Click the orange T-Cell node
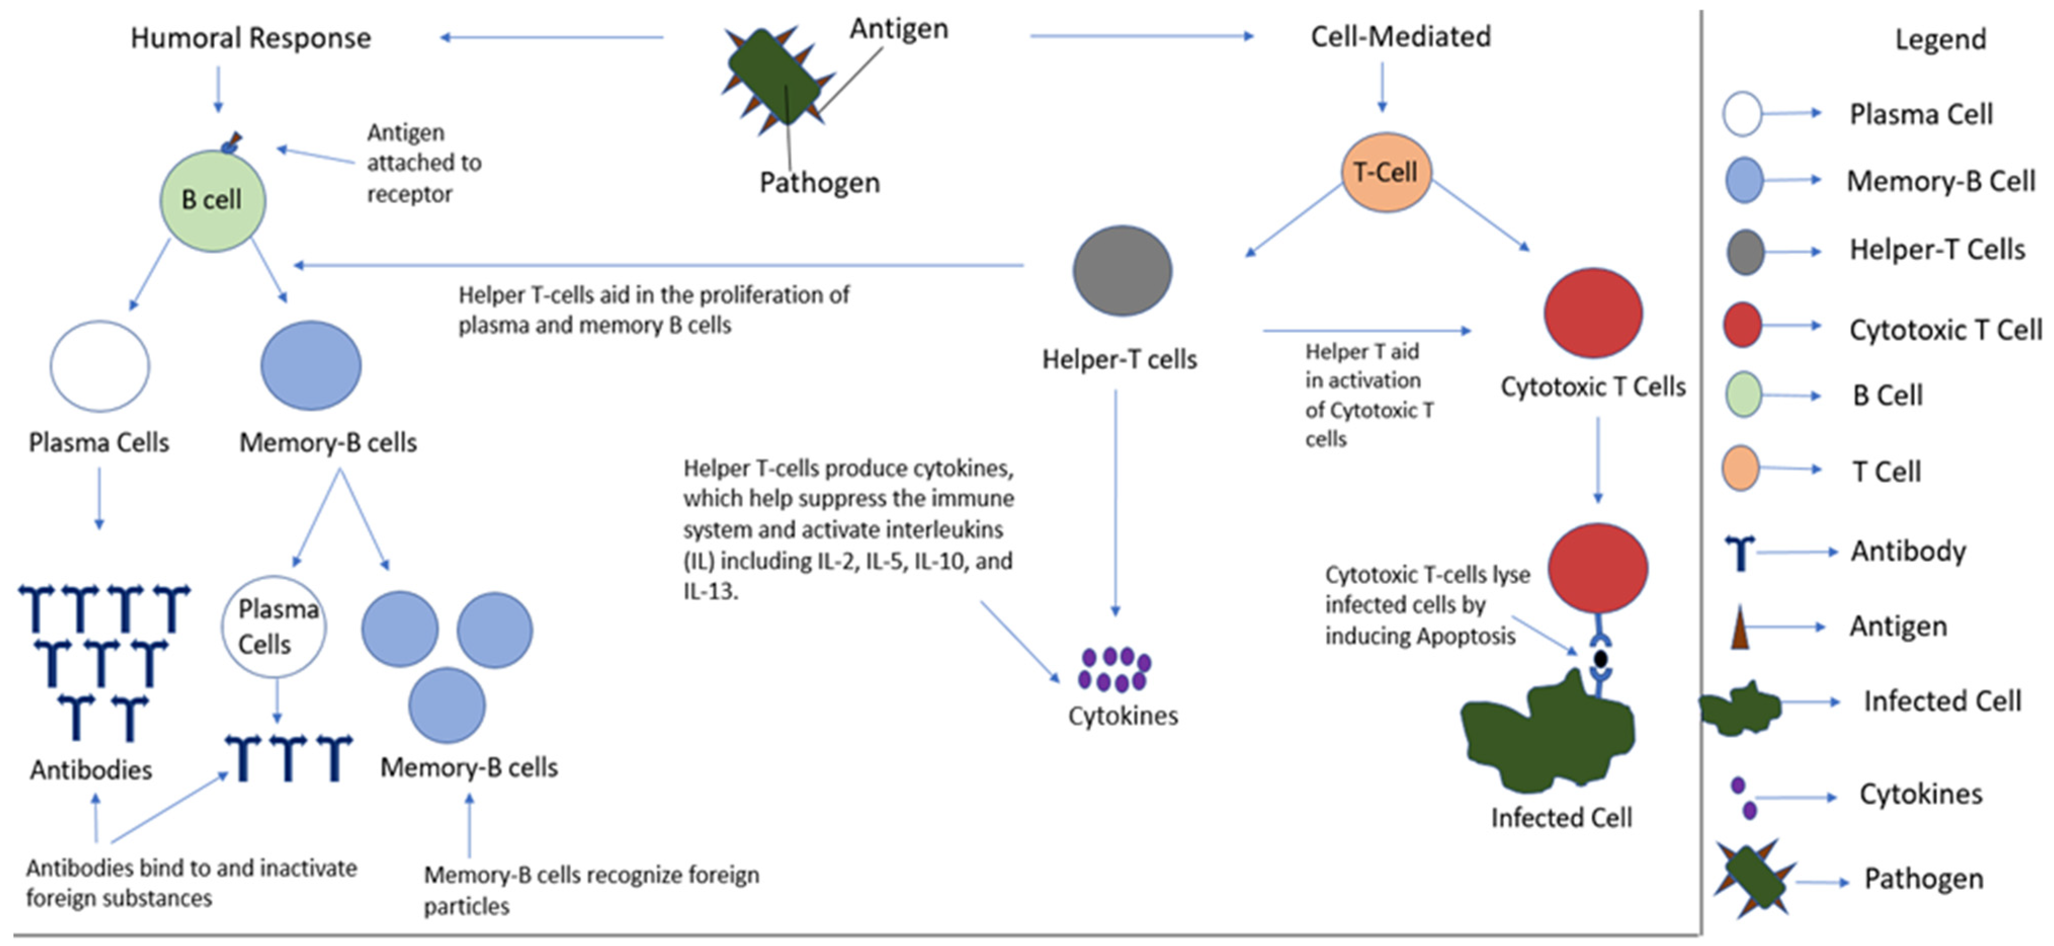[1386, 172]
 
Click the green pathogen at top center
[774, 78]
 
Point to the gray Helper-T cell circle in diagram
[1122, 271]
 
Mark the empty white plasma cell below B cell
[100, 366]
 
